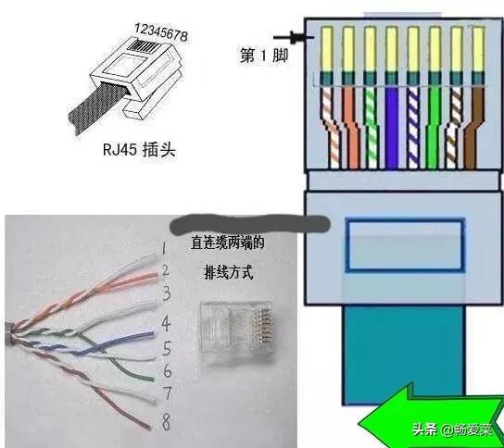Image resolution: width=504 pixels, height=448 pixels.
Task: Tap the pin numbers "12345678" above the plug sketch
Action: (158, 31)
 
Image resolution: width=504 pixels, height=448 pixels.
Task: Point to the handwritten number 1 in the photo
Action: (162, 247)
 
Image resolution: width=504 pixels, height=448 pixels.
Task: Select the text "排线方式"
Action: (228, 274)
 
